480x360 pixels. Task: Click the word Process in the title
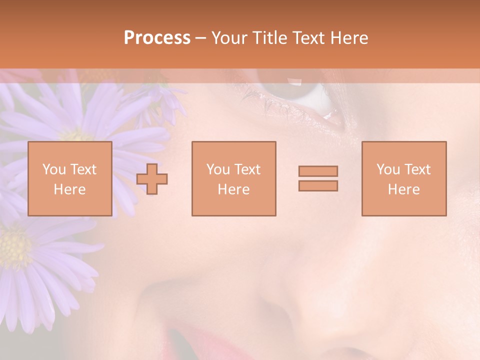coord(157,37)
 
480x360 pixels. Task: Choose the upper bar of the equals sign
coord(318,171)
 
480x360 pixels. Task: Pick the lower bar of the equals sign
coord(318,185)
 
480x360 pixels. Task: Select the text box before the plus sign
coord(69,178)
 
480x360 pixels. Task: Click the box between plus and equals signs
coord(233,178)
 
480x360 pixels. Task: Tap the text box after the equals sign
coord(404,178)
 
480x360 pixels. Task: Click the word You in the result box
coord(388,169)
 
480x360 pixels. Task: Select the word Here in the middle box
coord(233,189)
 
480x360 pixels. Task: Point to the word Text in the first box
coord(83,169)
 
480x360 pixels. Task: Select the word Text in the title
coord(308,37)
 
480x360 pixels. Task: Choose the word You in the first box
coord(54,169)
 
